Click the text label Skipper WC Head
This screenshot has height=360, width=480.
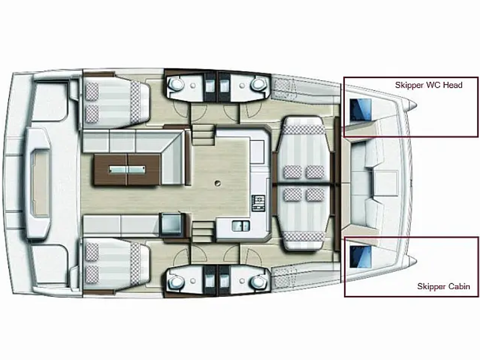tap(428, 85)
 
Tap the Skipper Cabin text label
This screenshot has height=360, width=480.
tap(443, 286)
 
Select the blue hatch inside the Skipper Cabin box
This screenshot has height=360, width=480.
tap(360, 256)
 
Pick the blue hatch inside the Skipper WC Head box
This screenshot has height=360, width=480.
tap(360, 110)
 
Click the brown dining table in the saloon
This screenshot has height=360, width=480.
tap(127, 170)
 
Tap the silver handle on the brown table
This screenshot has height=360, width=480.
tap(127, 169)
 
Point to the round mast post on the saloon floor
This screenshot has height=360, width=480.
tap(217, 183)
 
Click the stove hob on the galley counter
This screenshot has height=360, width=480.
tap(258, 202)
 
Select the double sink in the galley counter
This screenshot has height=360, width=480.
tap(240, 226)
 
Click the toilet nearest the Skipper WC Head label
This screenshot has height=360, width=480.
tap(258, 84)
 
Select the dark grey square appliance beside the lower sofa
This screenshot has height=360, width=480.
tap(172, 224)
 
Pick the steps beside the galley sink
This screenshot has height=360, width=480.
tap(202, 232)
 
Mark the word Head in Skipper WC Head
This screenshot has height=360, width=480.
tap(452, 85)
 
